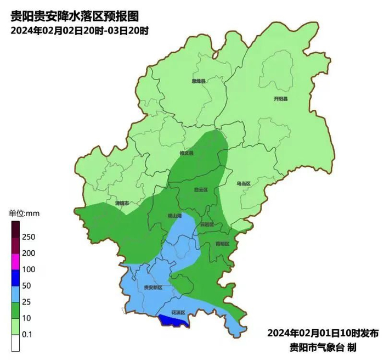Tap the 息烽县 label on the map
click(x=198, y=81)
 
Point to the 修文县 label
click(x=187, y=153)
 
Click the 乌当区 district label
click(x=243, y=183)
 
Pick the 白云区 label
click(x=201, y=190)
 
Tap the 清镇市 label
click(x=122, y=203)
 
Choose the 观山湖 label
click(x=174, y=216)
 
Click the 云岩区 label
click(x=206, y=224)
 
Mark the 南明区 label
click(x=222, y=243)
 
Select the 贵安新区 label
click(x=153, y=287)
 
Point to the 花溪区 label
click(x=179, y=312)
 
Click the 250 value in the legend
click(x=29, y=237)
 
